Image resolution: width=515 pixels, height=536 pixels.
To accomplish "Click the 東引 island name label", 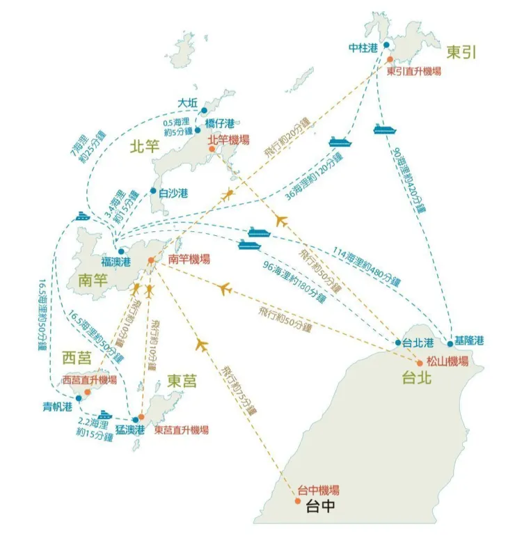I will click(x=462, y=53).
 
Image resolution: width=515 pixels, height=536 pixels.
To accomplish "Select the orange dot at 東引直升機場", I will click(x=390, y=60).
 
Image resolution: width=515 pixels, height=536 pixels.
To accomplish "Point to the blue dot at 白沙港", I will click(x=153, y=191).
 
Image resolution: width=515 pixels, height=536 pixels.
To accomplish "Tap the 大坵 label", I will click(x=188, y=103).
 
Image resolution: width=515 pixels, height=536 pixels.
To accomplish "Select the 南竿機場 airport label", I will click(x=189, y=258).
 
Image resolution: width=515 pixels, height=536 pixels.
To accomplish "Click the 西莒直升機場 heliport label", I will click(x=89, y=380).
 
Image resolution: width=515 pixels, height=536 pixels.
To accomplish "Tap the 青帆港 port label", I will click(x=56, y=407).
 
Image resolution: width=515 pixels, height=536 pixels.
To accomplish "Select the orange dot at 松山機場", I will click(x=419, y=363).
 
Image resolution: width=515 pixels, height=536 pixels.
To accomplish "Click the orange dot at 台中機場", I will click(x=298, y=500).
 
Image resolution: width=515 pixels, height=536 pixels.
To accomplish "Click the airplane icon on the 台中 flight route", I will click(x=202, y=344).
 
